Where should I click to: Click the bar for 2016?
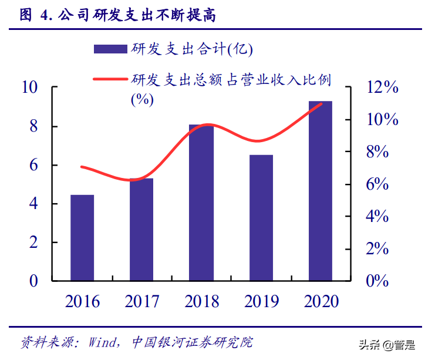82,237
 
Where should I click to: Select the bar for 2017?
141,229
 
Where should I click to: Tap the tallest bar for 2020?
321,191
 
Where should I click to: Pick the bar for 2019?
261,217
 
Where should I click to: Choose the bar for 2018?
201,202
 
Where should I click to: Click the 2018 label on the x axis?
201,302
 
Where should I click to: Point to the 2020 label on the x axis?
321,302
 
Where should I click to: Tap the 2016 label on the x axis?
82,302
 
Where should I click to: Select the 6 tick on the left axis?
33,166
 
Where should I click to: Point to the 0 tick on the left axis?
33,281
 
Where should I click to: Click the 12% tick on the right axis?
382,88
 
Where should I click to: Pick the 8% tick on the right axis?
377,153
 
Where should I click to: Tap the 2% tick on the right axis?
377,249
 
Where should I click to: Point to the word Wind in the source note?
104,342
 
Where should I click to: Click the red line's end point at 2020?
321,104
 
